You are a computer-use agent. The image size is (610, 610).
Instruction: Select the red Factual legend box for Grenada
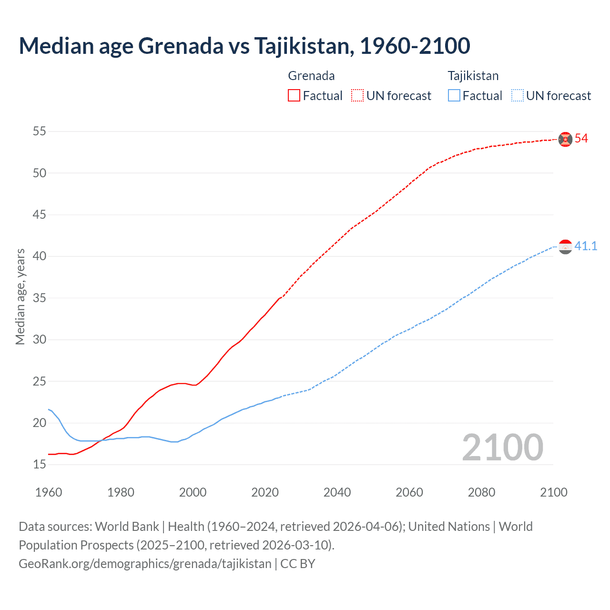(x=294, y=96)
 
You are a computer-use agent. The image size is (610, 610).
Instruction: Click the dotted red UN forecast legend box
(x=357, y=96)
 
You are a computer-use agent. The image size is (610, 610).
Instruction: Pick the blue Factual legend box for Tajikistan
(x=454, y=96)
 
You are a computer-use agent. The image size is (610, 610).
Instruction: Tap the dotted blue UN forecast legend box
(x=518, y=96)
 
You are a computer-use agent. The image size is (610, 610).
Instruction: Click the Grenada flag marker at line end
(x=565, y=139)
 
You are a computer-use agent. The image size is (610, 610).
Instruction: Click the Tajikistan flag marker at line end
(x=565, y=247)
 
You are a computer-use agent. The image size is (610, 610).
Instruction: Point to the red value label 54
(x=581, y=139)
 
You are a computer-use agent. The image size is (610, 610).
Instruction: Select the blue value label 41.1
(x=586, y=246)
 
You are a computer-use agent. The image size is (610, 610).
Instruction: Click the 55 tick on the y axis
(x=40, y=131)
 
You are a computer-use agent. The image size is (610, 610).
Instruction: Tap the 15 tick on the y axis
(x=40, y=464)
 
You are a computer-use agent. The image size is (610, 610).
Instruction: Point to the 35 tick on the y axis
(x=40, y=298)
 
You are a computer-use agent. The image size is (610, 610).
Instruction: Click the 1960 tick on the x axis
(x=49, y=492)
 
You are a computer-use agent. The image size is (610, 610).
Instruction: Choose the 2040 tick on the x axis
(x=337, y=492)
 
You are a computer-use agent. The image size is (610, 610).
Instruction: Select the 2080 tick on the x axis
(x=481, y=492)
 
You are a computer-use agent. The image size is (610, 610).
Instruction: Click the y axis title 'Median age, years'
(x=20, y=296)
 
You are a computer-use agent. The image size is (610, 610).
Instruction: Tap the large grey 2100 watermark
(x=502, y=447)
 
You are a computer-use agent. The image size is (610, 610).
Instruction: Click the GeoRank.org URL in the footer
(x=145, y=564)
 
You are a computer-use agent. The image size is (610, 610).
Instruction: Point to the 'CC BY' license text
(x=298, y=564)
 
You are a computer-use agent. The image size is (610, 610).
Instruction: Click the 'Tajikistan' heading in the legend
(x=473, y=76)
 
